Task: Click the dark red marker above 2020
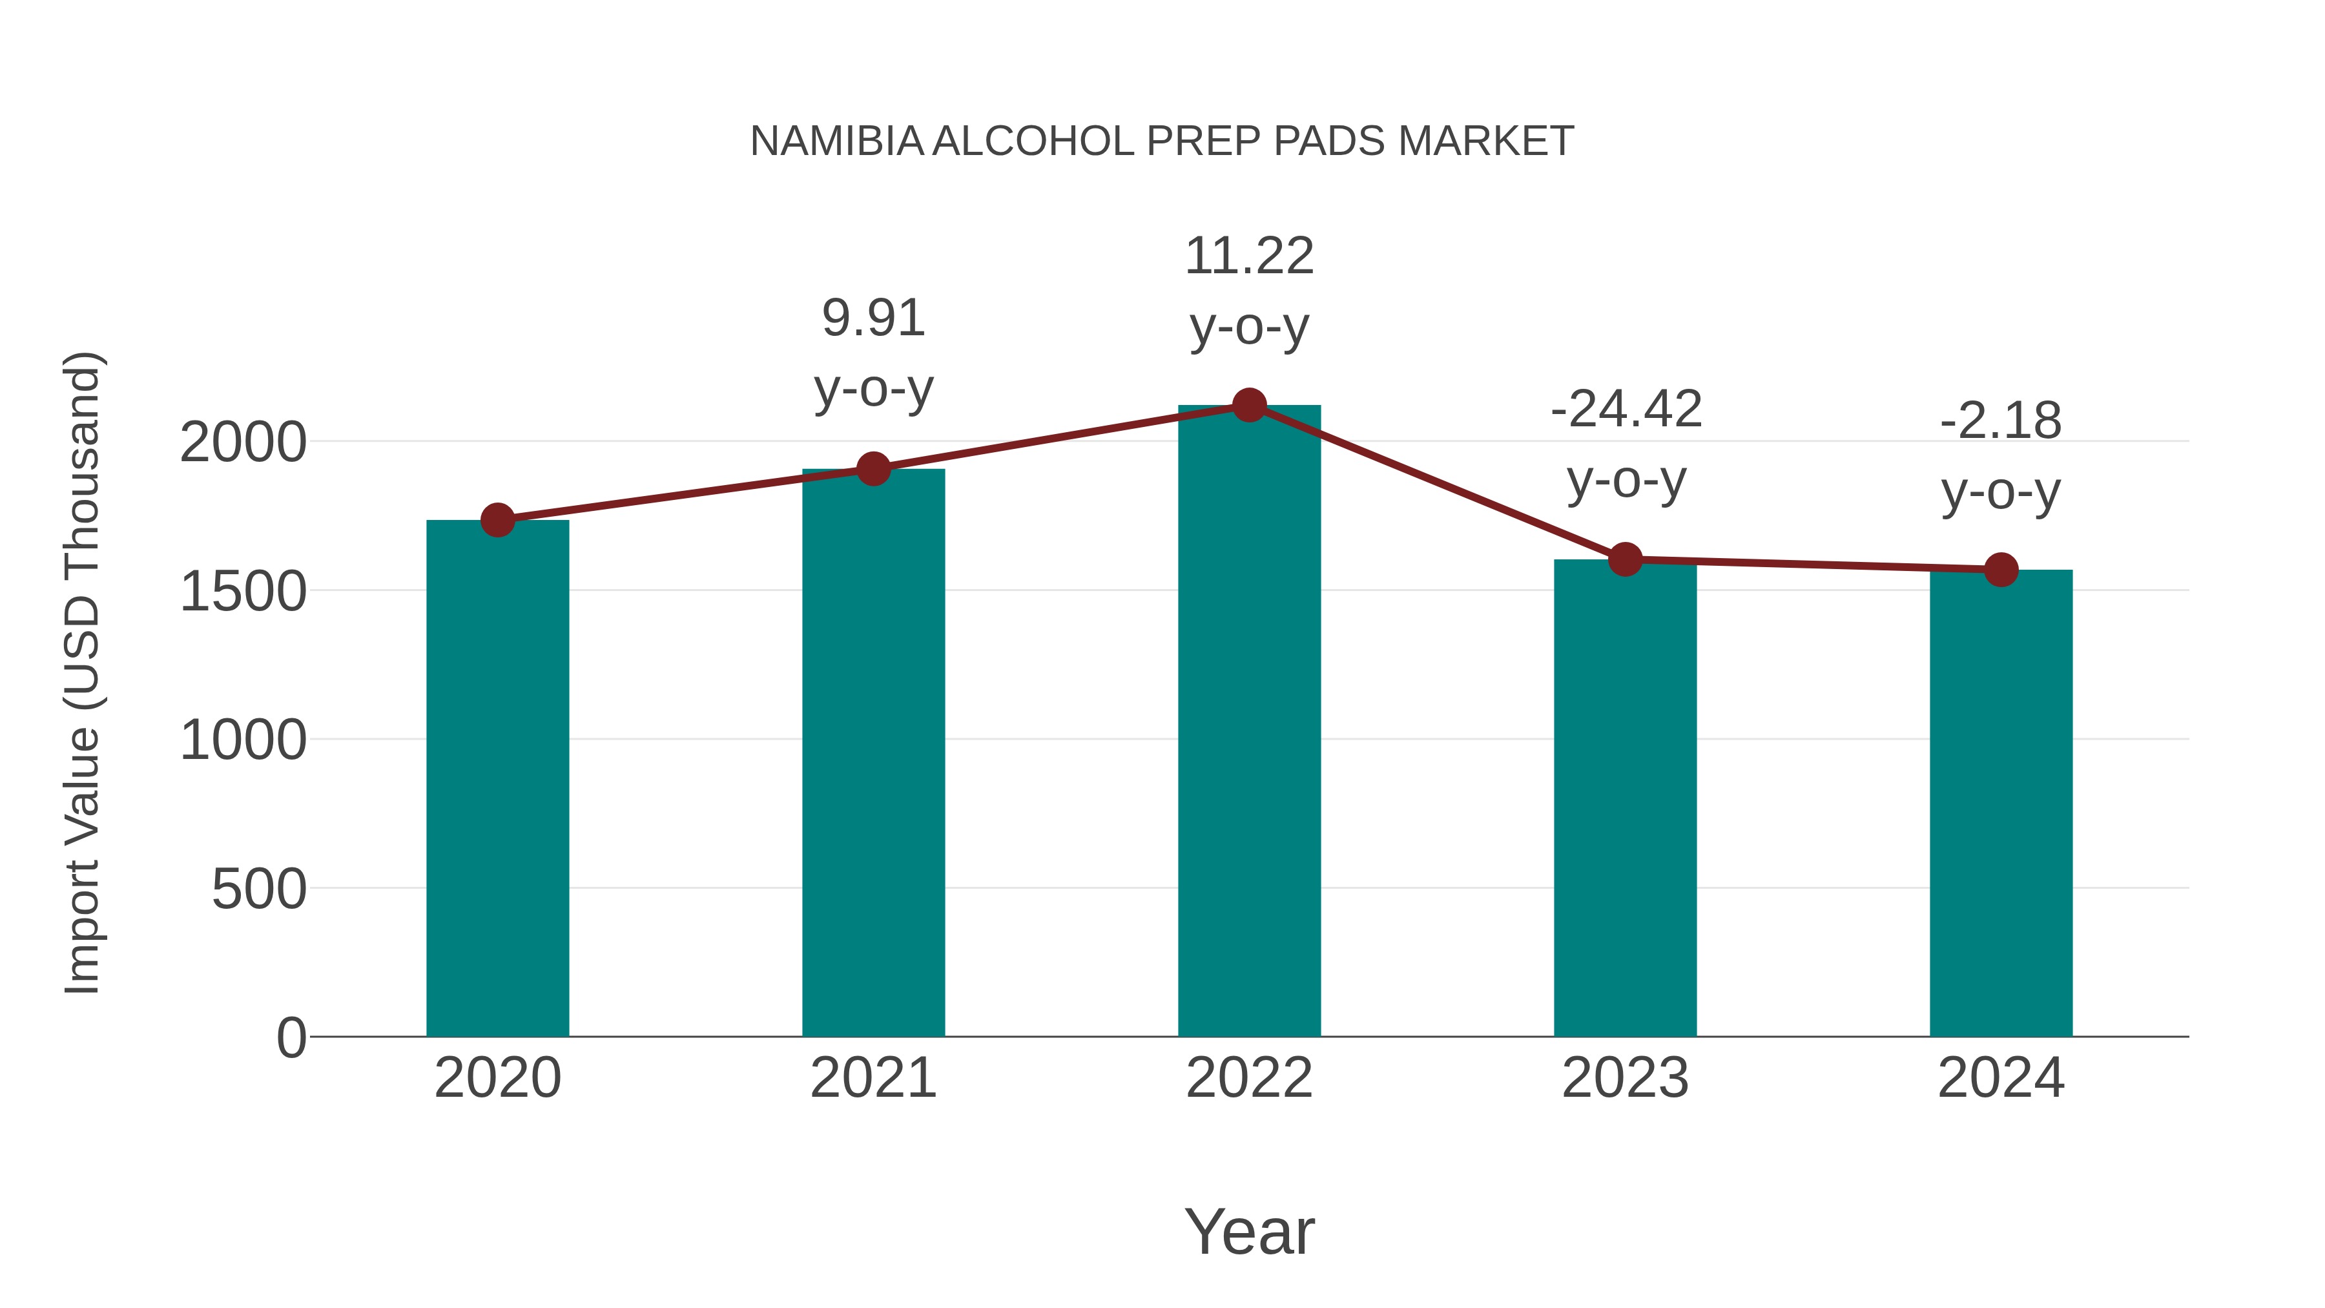pyautogui.click(x=497, y=520)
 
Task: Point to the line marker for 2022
pyautogui.click(x=1249, y=405)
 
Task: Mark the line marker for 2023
pyautogui.click(x=1625, y=559)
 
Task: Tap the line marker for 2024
pyautogui.click(x=2001, y=570)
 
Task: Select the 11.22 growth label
pyautogui.click(x=1249, y=256)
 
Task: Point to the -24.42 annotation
pyautogui.click(x=1626, y=410)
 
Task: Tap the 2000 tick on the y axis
pyautogui.click(x=243, y=443)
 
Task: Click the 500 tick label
pyautogui.click(x=259, y=890)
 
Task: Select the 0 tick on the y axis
pyautogui.click(x=291, y=1038)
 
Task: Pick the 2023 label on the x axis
pyautogui.click(x=1625, y=1078)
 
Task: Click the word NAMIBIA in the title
pyautogui.click(x=836, y=141)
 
